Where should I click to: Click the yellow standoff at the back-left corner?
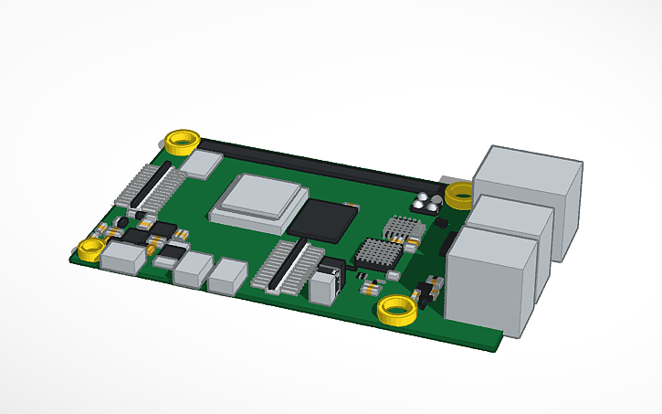tap(182, 142)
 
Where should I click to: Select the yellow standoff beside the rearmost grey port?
tap(459, 194)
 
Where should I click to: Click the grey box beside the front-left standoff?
tap(123, 259)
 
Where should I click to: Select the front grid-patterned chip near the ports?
tap(378, 252)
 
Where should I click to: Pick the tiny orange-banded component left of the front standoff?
tap(370, 288)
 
